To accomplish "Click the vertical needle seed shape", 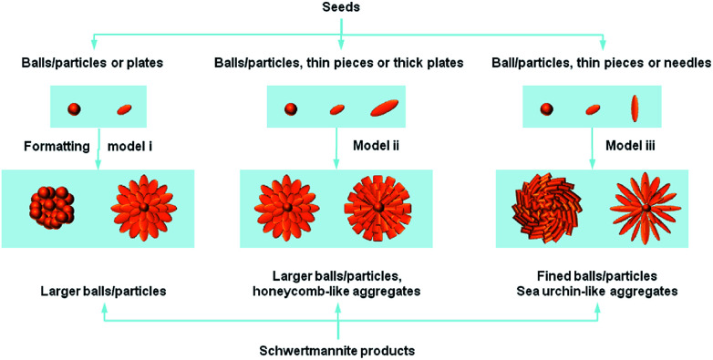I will (x=635, y=109).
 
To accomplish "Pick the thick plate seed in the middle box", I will (x=385, y=109).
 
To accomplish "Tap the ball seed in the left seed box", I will (x=74, y=110).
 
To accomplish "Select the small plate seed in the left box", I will (x=124, y=110).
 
